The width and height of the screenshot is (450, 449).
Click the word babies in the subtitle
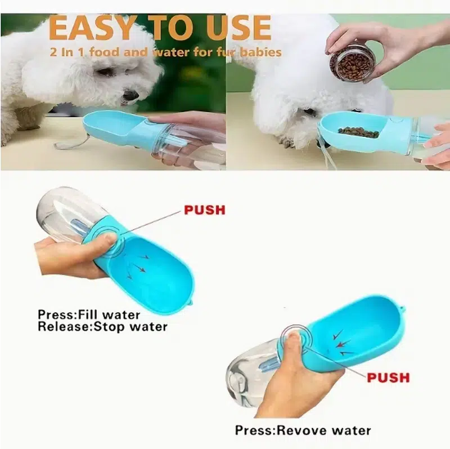[x=260, y=52]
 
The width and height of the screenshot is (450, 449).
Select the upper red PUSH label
[x=205, y=210]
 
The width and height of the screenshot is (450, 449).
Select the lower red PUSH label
[x=388, y=377]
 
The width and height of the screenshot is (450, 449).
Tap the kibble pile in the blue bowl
[x=358, y=132]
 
